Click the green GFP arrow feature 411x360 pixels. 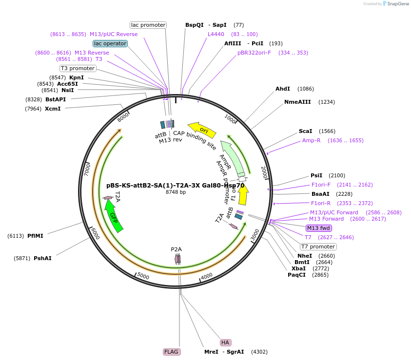[x=114, y=217]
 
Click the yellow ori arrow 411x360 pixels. [x=201, y=128]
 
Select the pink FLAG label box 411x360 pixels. [x=172, y=352]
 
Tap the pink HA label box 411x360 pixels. [x=225, y=342]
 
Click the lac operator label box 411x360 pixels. [x=110, y=43]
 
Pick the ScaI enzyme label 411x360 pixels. [x=305, y=131]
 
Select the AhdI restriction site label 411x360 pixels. [x=283, y=89]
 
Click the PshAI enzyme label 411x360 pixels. [x=42, y=258]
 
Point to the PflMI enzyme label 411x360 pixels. [x=35, y=236]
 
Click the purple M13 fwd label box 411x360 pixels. [x=319, y=228]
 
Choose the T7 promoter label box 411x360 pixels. [x=318, y=246]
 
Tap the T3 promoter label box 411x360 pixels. [x=78, y=68]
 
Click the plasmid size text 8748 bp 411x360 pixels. [x=176, y=192]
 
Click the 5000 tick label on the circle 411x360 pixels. [x=143, y=276]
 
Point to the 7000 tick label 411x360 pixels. [x=87, y=170]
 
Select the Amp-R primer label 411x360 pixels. [x=312, y=140]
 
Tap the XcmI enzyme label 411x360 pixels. [x=53, y=109]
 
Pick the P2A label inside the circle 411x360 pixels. [x=176, y=249]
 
